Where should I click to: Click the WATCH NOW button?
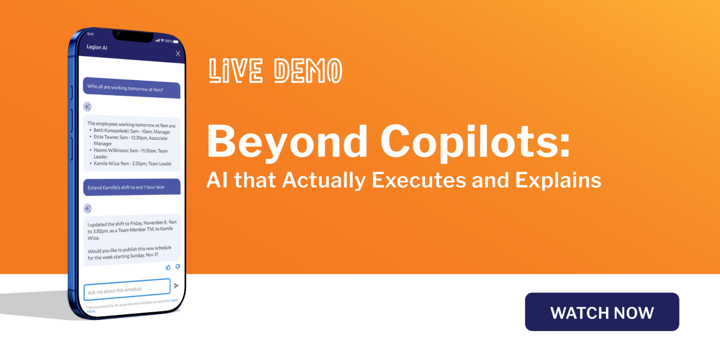pyautogui.click(x=602, y=312)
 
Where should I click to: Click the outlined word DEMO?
pyautogui.click(x=308, y=71)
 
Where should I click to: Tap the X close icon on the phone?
pyautogui.click(x=178, y=53)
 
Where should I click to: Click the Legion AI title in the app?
pyautogui.click(x=98, y=47)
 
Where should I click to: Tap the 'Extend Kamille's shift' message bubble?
pyautogui.click(x=132, y=187)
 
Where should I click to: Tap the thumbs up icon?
pyautogui.click(x=168, y=267)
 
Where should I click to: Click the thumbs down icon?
pyautogui.click(x=177, y=267)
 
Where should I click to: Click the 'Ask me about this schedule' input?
pyautogui.click(x=127, y=290)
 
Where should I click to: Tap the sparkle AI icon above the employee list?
pyautogui.click(x=87, y=107)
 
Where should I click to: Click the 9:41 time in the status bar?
pyautogui.click(x=91, y=34)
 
